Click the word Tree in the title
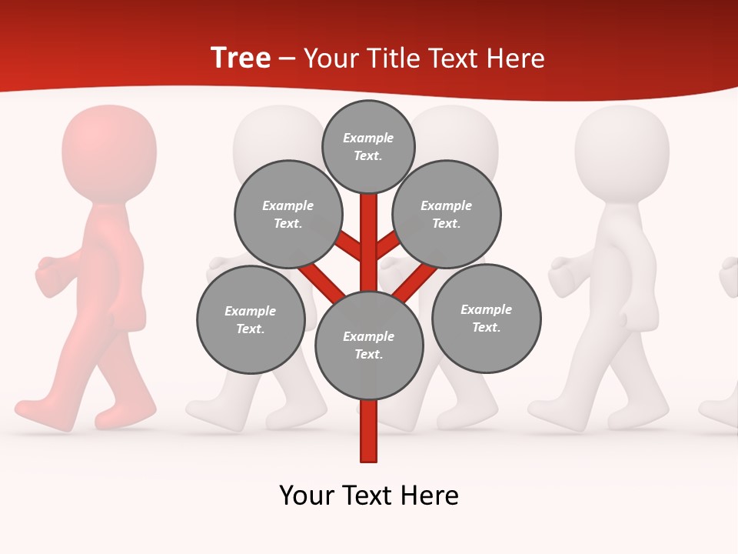241,58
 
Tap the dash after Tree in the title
287,59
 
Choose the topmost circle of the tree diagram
368,146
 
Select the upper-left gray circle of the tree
288,214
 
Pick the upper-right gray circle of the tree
447,214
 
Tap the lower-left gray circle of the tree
251,319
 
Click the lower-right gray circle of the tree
486,318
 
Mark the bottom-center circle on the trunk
369,345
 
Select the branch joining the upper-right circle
387,245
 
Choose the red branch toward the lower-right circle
414,281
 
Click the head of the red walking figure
108,150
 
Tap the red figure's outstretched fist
49,274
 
